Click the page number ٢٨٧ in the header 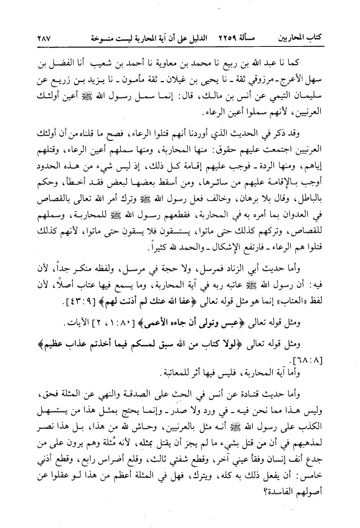pyautogui.click(x=45, y=38)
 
